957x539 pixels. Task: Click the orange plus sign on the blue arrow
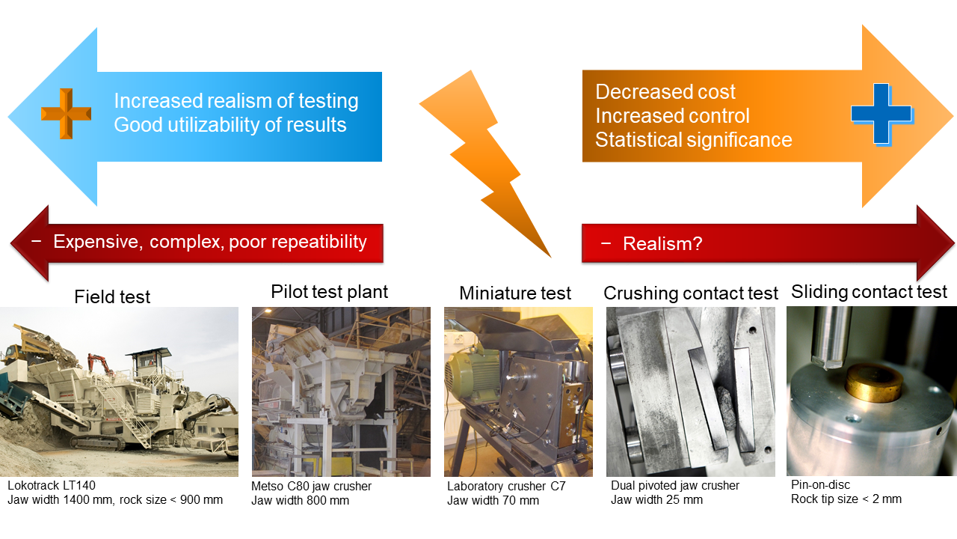(67, 114)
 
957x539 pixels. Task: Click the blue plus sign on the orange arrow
(881, 114)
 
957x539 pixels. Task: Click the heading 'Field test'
(112, 297)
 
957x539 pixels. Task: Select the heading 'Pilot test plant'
(330, 292)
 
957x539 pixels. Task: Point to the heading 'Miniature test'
(515, 293)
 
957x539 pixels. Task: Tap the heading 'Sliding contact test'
(869, 292)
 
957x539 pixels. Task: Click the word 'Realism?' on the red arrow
(662, 244)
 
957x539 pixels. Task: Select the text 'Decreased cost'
(665, 92)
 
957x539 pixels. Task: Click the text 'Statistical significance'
(693, 140)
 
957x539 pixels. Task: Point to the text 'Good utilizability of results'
(230, 125)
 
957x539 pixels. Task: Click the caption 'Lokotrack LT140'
(52, 486)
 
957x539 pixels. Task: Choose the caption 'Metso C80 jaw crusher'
(312, 487)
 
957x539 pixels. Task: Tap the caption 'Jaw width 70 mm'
(493, 501)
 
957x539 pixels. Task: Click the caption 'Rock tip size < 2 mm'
(846, 499)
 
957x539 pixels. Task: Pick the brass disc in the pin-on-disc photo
(874, 383)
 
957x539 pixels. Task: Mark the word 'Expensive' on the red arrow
(98, 242)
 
